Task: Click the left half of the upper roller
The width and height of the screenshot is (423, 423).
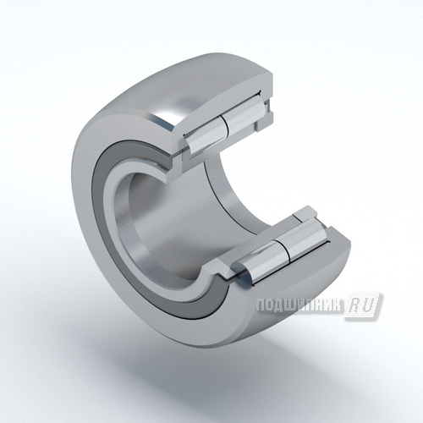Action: (206, 135)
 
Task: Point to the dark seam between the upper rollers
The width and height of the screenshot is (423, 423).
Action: (224, 125)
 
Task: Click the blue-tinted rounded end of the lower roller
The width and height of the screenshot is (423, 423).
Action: (243, 272)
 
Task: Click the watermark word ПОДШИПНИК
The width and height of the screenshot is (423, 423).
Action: (299, 305)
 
